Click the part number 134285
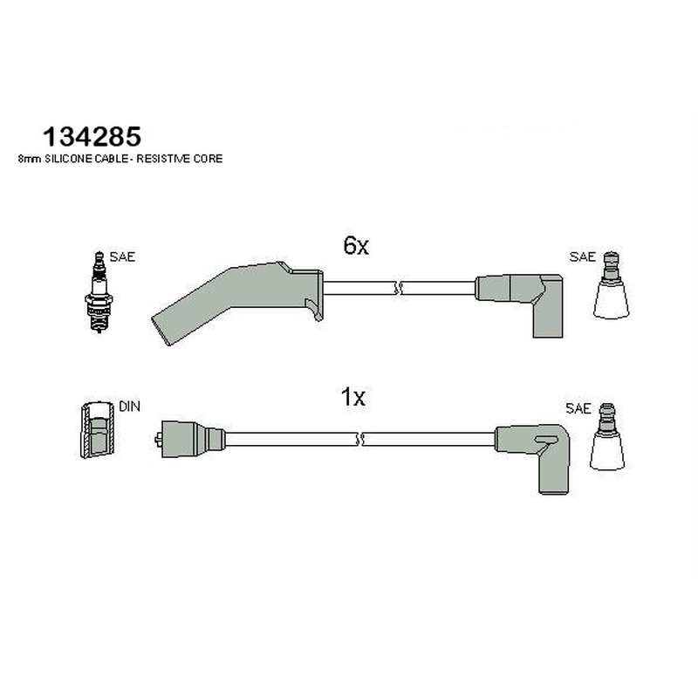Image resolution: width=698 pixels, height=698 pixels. tap(92, 136)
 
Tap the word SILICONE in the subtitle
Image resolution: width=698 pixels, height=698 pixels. tap(69, 159)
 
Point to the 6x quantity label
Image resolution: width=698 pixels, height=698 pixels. tap(356, 245)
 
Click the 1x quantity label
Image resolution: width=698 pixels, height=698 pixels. tap(353, 397)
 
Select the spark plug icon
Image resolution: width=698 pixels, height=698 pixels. tap(99, 291)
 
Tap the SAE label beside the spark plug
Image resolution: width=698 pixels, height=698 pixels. tap(122, 257)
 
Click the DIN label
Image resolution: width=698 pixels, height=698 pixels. tap(129, 407)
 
